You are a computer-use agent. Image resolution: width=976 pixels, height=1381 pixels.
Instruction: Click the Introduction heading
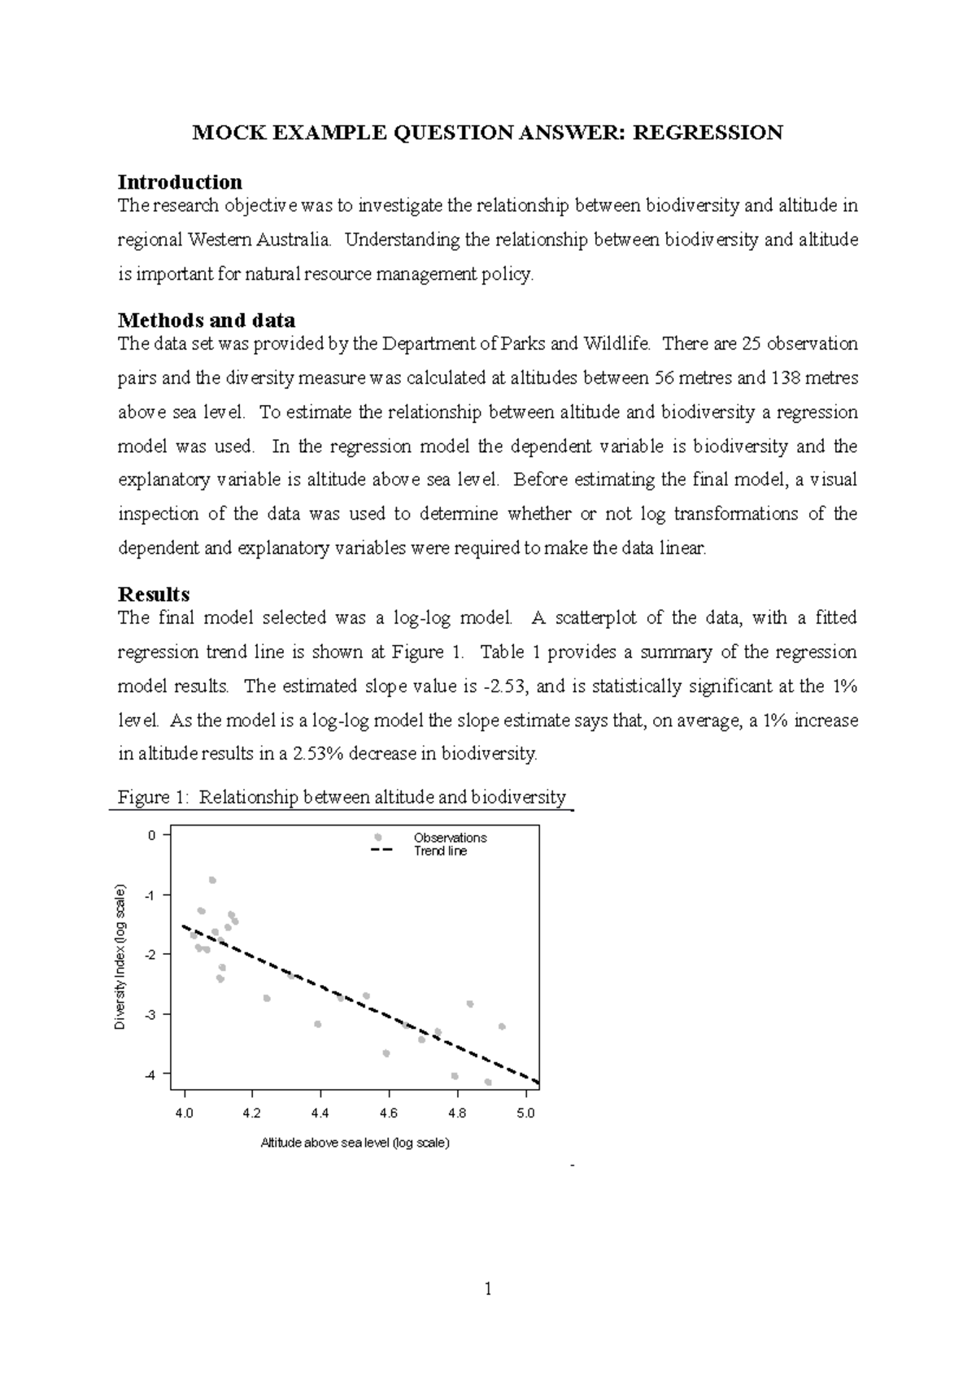(x=180, y=181)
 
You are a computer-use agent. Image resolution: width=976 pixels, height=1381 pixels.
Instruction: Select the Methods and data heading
(x=207, y=320)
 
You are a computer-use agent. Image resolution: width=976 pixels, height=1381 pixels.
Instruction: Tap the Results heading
(x=154, y=594)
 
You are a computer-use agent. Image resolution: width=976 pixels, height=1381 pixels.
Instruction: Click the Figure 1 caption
(x=342, y=797)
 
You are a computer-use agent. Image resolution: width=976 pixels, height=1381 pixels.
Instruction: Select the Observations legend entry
(x=449, y=838)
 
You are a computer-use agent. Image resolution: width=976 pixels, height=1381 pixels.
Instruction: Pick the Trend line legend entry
(x=440, y=852)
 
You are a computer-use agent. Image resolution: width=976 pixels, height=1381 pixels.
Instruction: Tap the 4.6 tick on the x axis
(x=389, y=1113)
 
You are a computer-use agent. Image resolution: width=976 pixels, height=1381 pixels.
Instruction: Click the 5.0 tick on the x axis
(x=525, y=1113)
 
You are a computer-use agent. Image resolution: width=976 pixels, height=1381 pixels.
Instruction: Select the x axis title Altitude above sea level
(x=355, y=1143)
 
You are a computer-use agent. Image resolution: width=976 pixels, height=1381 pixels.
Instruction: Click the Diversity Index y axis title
(x=120, y=956)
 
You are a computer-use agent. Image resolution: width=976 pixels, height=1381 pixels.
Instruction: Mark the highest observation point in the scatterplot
(x=212, y=880)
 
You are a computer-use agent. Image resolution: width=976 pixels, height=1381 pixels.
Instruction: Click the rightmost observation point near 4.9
(x=502, y=1026)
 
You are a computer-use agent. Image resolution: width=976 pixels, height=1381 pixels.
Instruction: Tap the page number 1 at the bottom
(x=488, y=1289)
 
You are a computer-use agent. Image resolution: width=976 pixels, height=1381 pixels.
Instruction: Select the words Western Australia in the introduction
(x=259, y=240)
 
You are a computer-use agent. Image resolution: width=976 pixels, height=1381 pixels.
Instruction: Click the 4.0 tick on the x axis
(x=185, y=1113)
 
